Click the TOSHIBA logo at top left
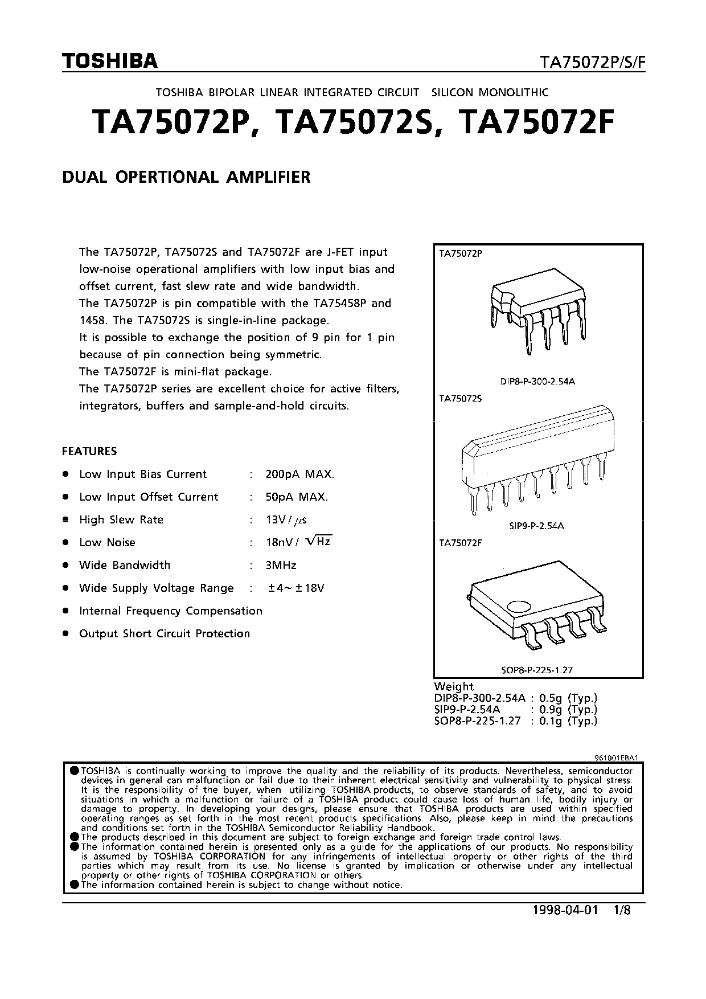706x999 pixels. pyautogui.click(x=109, y=61)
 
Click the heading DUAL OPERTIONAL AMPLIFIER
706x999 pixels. pyautogui.click(x=186, y=177)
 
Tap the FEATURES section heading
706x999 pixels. pyautogui.click(x=89, y=451)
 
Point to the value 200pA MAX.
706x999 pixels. pyautogui.click(x=300, y=474)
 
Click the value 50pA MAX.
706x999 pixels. pyautogui.click(x=297, y=497)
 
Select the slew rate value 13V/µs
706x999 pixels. pyautogui.click(x=286, y=519)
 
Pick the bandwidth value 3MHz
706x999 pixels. pyautogui.click(x=281, y=565)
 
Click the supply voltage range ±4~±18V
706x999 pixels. pyautogui.click(x=296, y=588)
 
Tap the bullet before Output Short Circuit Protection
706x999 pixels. pyautogui.click(x=66, y=633)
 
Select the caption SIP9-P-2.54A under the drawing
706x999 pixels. pyautogui.click(x=536, y=526)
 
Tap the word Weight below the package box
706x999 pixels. pyautogui.click(x=454, y=686)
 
